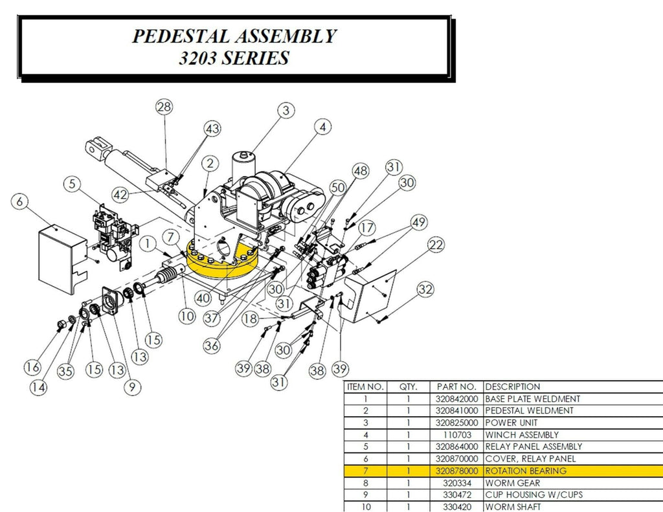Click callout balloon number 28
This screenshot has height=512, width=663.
point(164,107)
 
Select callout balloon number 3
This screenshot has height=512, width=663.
point(286,111)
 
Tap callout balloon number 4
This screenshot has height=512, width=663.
point(322,128)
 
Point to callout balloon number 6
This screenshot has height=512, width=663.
point(20,203)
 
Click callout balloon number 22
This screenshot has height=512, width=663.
point(436,245)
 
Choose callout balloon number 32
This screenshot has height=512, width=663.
point(425,289)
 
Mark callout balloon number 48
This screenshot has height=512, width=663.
point(360,171)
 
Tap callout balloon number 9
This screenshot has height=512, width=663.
point(131,387)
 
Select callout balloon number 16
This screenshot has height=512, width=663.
point(32,367)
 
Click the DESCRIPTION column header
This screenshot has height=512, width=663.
point(512,386)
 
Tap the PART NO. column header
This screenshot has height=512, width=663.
point(456,386)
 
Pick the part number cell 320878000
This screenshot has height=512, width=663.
point(456,471)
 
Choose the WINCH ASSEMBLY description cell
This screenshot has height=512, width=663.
point(522,435)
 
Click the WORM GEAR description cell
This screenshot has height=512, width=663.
point(512,483)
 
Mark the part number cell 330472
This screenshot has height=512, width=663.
point(456,495)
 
